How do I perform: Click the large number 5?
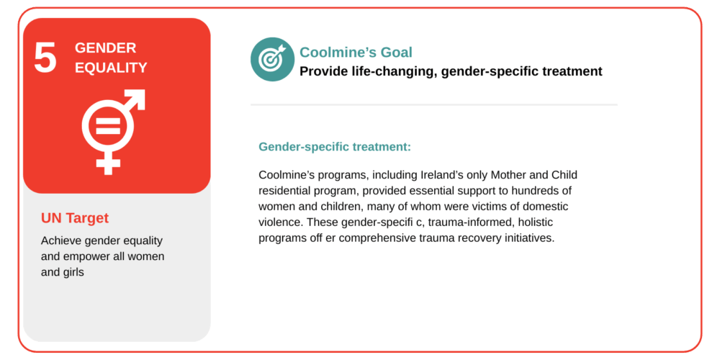[45, 58]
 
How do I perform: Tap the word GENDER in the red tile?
[106, 48]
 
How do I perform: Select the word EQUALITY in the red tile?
[111, 68]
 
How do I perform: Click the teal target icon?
[272, 59]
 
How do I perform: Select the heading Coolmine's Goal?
[356, 53]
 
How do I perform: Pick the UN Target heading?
[75, 218]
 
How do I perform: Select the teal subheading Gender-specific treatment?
[335, 147]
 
